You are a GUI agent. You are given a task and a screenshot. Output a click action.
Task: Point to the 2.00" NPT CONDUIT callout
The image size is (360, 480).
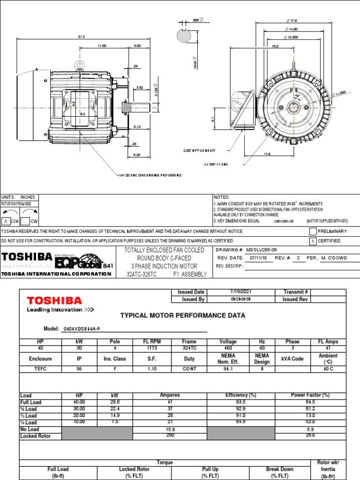(199, 151)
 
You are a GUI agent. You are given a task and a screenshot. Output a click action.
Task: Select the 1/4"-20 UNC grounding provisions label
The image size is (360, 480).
(149, 175)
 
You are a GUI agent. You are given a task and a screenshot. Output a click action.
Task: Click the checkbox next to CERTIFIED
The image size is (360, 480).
(313, 241)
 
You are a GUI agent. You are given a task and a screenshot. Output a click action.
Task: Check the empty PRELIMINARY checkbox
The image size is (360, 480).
(313, 232)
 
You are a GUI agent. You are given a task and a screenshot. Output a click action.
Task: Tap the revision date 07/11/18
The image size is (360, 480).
(255, 258)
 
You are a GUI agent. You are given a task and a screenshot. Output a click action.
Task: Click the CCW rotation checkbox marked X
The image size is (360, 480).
(6, 221)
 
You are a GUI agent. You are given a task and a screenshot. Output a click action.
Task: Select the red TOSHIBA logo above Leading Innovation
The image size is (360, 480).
(54, 300)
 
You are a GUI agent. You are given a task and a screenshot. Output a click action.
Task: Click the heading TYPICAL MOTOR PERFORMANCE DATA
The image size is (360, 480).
(183, 315)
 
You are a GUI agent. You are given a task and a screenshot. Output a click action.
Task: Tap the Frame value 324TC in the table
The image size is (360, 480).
(189, 348)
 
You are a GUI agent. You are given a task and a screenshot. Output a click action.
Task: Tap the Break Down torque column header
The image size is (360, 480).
(280, 469)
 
